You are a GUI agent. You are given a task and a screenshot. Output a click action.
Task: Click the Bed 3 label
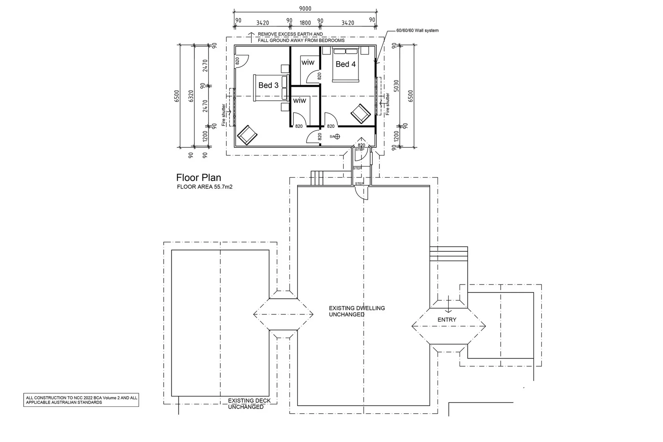tap(268, 85)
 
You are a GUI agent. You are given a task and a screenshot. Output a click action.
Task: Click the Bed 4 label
tap(345, 64)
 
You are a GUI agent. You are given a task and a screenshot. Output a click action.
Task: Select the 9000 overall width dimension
tap(305, 8)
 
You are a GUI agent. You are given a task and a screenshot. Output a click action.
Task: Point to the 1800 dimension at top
tap(305, 23)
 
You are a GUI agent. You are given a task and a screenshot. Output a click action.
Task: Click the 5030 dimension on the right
tap(396, 86)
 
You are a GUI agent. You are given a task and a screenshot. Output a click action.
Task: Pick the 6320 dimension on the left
tap(191, 96)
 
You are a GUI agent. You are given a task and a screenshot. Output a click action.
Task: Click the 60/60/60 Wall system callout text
tap(417, 31)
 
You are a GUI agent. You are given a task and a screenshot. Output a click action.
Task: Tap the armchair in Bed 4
tap(361, 113)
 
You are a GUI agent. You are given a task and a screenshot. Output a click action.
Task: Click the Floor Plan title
tap(198, 178)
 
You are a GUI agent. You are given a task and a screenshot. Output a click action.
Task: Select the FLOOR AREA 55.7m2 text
tap(205, 187)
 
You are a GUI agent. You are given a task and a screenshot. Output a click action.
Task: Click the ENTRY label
tap(447, 320)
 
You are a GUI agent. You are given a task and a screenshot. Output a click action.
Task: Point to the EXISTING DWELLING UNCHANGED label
tap(356, 311)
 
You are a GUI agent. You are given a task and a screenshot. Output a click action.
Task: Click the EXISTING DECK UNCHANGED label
tap(249, 404)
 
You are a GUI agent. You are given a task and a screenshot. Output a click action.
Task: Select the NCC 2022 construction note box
tap(81, 400)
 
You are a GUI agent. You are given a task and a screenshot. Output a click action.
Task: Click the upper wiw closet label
tap(308, 62)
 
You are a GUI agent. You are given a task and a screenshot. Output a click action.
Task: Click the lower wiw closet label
tap(299, 100)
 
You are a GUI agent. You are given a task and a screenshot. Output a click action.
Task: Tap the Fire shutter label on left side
tap(224, 115)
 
